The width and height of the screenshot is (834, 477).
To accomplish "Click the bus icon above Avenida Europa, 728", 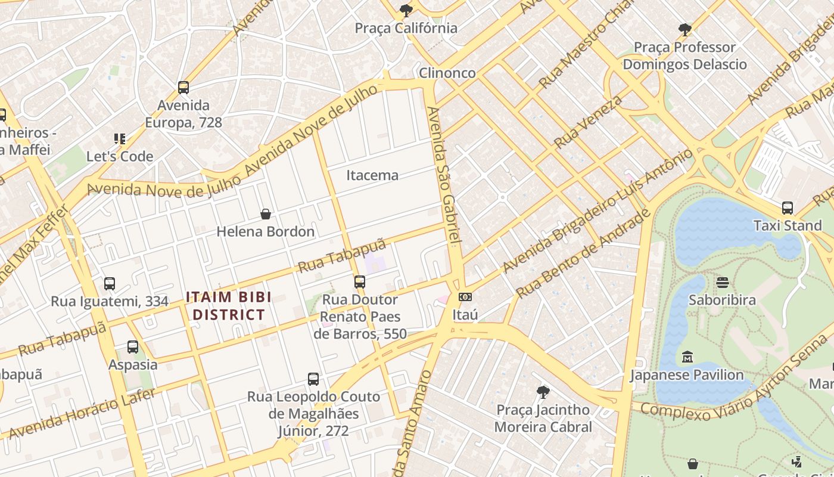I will tap(183, 88).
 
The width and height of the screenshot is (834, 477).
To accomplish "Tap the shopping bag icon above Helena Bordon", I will tap(266, 214).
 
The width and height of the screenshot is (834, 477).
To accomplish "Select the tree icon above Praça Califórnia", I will tap(406, 10).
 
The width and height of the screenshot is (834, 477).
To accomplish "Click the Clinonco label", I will tap(447, 73).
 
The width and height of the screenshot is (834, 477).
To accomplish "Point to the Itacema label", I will tap(372, 175).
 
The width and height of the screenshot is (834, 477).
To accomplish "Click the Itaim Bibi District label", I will tap(229, 306).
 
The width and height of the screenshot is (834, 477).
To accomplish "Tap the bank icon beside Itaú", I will tap(465, 296).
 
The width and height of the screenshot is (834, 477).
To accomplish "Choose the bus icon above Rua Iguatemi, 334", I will tap(110, 284).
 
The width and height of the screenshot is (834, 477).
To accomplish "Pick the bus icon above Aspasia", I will tap(133, 347).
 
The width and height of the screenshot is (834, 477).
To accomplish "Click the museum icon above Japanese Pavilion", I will tap(687, 357).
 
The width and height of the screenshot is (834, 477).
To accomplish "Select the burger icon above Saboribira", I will tap(722, 282).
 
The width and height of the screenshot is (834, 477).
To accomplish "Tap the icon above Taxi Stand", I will tap(788, 208).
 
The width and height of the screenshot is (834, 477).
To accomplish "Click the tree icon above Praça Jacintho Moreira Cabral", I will tap(543, 392).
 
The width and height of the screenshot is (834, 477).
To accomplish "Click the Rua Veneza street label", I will tap(588, 122).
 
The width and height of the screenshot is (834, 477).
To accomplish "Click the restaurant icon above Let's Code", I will tap(120, 139).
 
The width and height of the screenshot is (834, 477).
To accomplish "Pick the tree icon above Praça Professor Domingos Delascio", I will tap(685, 29).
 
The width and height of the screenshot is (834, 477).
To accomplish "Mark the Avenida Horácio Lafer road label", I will tap(82, 413).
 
